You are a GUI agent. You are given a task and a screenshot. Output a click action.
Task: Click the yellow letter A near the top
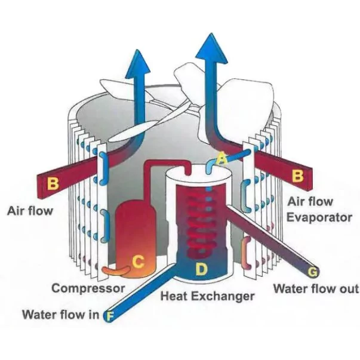[221, 159]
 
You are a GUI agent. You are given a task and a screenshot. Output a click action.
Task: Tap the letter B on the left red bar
[53, 183]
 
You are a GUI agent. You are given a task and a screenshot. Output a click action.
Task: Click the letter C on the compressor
[138, 261]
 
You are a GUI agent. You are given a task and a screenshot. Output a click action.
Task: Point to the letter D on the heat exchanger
[202, 269]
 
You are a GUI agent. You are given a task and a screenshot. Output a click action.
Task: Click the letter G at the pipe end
[311, 272]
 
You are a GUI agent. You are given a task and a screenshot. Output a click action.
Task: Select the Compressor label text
[88, 288]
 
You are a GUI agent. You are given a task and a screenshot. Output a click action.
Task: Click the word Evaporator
[319, 217]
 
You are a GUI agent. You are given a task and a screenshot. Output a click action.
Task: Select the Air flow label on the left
[30, 211]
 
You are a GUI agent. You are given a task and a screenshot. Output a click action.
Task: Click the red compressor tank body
[135, 230]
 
